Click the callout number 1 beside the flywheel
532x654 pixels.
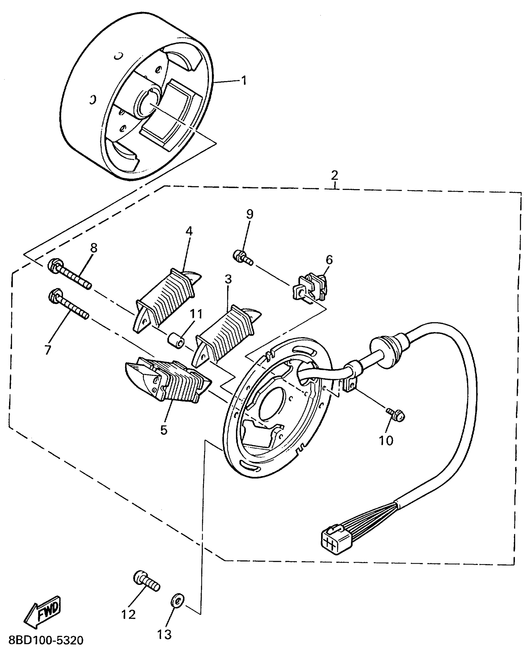244,80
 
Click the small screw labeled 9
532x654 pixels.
243,258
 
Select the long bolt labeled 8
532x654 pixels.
69,274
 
